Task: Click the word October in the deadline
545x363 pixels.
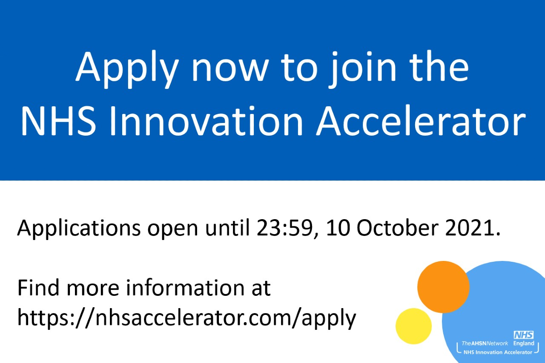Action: [x=391, y=228]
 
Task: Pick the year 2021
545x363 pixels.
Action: [x=468, y=228]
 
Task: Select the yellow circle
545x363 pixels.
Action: [x=413, y=326]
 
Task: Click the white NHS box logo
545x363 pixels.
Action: [x=524, y=335]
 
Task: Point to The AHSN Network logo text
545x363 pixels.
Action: [x=485, y=343]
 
